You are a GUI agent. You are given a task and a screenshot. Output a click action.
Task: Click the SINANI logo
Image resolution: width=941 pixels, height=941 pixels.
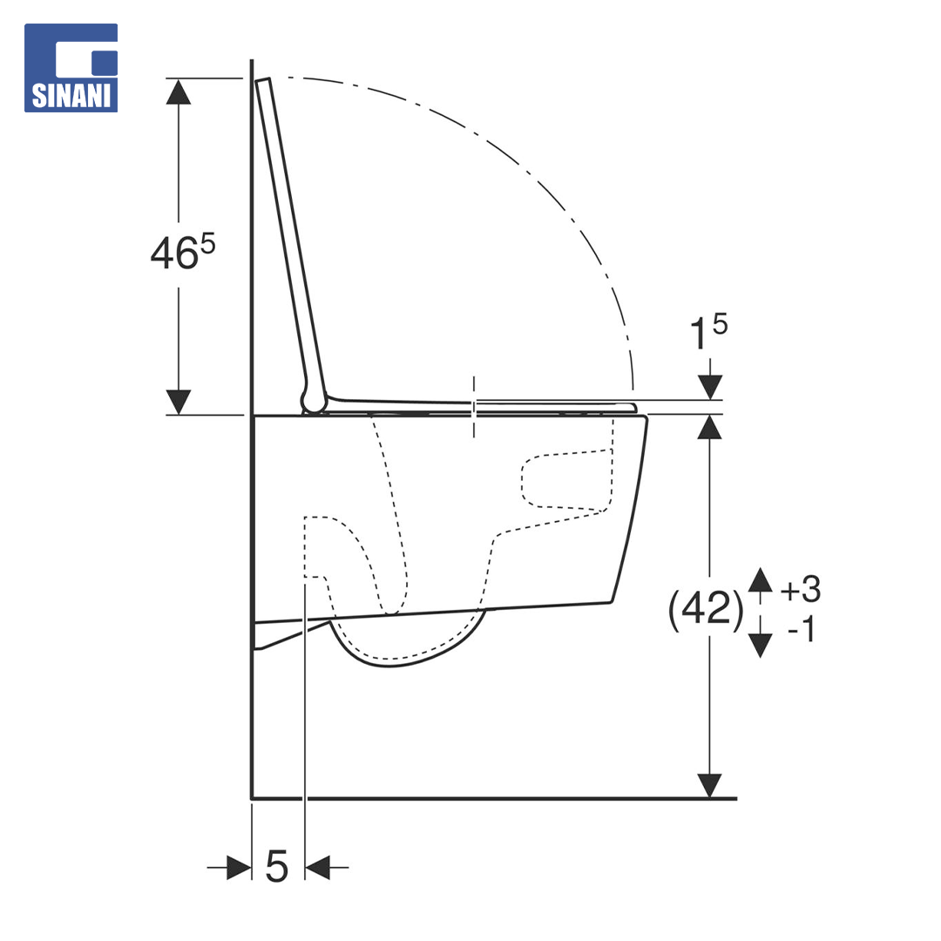coord(71,68)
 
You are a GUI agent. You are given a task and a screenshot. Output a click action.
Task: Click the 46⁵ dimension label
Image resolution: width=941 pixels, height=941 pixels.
coord(182,252)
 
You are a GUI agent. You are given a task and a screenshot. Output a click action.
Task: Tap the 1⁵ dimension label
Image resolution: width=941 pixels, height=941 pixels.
coord(708,331)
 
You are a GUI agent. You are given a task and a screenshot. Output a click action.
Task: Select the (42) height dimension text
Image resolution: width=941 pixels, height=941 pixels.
coord(706,610)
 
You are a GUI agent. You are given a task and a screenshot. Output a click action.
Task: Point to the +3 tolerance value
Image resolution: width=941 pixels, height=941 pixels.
coord(801,589)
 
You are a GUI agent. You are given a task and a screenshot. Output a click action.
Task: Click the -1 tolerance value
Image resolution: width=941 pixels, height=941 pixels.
coord(802,630)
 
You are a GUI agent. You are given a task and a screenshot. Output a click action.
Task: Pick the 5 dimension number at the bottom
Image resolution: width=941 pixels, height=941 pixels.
coord(277,866)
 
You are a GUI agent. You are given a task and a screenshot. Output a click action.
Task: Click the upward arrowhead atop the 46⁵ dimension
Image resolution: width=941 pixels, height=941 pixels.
coord(179,91)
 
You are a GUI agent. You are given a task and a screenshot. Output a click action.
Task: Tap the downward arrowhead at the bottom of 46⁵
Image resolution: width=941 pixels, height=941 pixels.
coord(179,402)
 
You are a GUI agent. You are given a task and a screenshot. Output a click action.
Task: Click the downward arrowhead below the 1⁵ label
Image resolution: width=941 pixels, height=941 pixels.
coord(710,387)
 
